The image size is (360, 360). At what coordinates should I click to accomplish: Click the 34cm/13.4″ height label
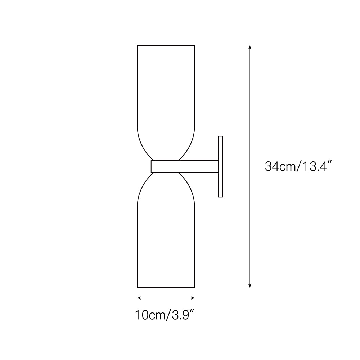(x=298, y=167)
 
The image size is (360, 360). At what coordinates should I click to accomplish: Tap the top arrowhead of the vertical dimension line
(x=250, y=47)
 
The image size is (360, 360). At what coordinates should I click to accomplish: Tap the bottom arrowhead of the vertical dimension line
(x=250, y=286)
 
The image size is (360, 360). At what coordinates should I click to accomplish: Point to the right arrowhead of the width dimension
(x=193, y=298)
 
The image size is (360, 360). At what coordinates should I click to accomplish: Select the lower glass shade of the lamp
(x=166, y=238)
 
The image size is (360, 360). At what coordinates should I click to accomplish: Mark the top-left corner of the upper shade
(x=138, y=45)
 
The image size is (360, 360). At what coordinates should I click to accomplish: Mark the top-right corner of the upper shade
(x=194, y=45)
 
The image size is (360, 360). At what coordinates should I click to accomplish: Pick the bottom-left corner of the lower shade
(x=138, y=287)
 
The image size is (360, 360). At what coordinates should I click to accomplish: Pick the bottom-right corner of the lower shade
(x=194, y=287)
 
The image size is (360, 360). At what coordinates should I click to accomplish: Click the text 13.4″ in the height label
(x=316, y=167)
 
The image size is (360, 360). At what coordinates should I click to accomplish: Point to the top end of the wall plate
(x=221, y=136)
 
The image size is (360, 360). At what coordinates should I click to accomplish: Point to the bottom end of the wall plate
(x=221, y=197)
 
